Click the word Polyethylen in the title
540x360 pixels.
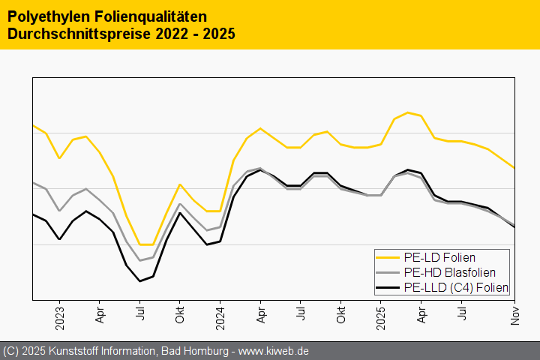tap(43, 16)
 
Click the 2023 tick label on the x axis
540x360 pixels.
tap(59, 313)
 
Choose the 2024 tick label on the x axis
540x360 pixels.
tap(220, 313)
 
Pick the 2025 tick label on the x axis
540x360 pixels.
tap(381, 313)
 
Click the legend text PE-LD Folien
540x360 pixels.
tap(439, 257)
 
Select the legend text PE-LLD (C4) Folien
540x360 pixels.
tap(456, 287)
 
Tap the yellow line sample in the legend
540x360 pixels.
tap(388, 257)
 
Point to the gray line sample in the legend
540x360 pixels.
tap(388, 272)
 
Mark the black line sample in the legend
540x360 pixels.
tap(388, 287)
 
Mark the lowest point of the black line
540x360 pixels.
tap(139, 281)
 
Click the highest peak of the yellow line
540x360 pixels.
tap(408, 112)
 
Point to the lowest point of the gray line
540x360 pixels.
tap(139, 260)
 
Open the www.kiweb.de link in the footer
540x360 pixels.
tap(274, 351)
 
